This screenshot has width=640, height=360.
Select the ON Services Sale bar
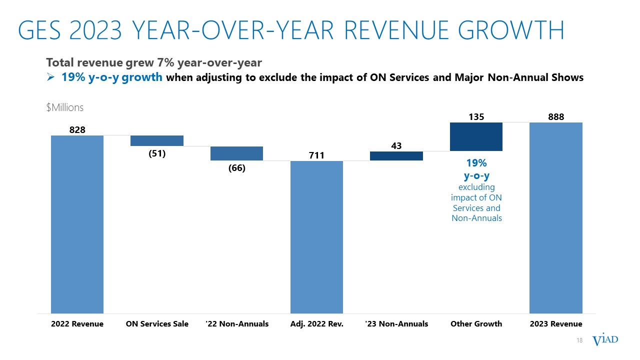(x=156, y=140)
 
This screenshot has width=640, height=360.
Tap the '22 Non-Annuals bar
(x=236, y=153)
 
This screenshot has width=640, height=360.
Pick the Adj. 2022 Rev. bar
(x=316, y=237)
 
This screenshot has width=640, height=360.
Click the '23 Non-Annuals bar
(x=396, y=156)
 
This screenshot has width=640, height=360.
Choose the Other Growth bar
(x=476, y=136)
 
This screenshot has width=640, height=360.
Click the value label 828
(x=77, y=129)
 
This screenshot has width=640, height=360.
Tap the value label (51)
(x=156, y=153)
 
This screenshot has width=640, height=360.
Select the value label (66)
(x=236, y=168)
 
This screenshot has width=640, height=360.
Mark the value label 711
(x=316, y=155)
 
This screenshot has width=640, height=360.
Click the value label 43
(x=396, y=145)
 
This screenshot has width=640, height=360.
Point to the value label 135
(x=476, y=116)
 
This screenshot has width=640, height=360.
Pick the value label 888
(x=555, y=116)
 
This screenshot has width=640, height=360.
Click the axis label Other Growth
(x=476, y=324)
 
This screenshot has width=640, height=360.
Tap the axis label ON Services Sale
(x=156, y=324)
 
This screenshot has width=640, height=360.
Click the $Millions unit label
(x=64, y=108)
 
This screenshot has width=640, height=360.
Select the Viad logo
(x=605, y=340)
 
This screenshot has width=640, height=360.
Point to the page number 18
(x=580, y=340)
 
